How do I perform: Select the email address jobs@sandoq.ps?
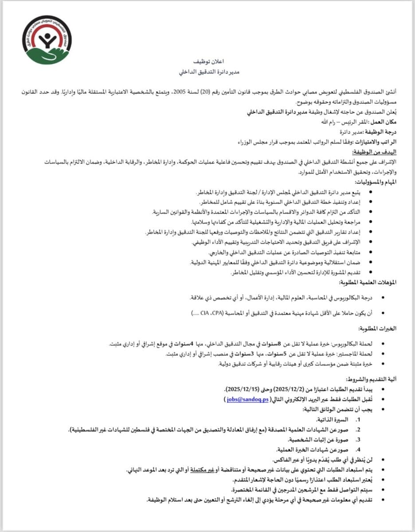[247, 399]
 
